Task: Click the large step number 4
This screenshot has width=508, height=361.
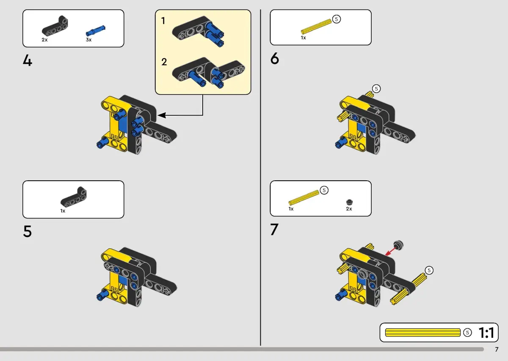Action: point(28,61)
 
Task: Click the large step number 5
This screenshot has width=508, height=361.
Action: point(28,231)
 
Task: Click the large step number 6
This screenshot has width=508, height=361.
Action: point(275,58)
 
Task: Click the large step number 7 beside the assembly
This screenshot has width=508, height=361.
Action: point(274,229)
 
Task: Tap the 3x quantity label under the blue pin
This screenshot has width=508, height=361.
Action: point(88,40)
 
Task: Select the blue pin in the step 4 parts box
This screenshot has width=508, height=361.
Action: point(96,30)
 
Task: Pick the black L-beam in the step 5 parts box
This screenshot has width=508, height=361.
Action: point(74,197)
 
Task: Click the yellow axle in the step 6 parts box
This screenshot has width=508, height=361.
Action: point(316,26)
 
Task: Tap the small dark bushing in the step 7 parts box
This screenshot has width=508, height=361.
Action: point(350,202)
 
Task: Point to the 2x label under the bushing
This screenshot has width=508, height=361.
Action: point(349,209)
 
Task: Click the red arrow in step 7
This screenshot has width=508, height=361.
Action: point(390,251)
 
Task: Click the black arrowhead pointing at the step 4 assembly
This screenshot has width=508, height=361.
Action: point(161,115)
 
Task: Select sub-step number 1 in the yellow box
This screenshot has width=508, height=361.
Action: point(163,21)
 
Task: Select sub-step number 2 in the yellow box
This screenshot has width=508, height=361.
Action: point(164,62)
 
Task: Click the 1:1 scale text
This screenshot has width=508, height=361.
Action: point(486,333)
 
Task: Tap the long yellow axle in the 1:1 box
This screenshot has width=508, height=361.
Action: point(423,332)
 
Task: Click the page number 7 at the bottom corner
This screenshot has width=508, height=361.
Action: point(497,350)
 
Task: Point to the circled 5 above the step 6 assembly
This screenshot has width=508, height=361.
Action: point(376,88)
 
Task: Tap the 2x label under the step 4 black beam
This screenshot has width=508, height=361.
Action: point(45,40)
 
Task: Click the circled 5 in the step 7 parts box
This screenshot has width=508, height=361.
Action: point(324,190)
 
